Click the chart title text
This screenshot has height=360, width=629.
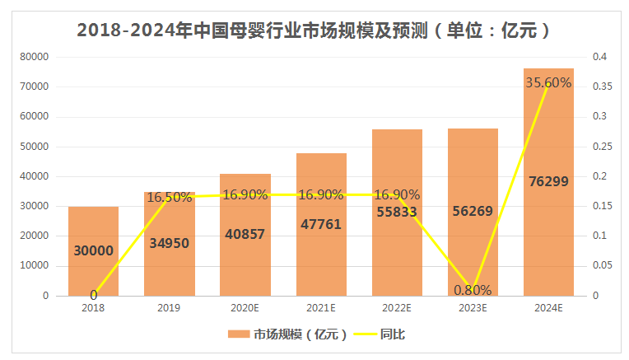(x=314, y=30)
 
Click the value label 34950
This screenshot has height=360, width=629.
(x=170, y=243)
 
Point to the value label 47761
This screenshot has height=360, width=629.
(x=321, y=223)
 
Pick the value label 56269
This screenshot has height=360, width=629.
(x=473, y=211)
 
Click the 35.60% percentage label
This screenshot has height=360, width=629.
(x=547, y=82)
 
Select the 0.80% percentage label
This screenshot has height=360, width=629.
(x=473, y=290)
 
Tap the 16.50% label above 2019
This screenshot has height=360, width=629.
(x=170, y=198)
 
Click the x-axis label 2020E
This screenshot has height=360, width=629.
(x=245, y=308)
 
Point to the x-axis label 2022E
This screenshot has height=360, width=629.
(x=397, y=308)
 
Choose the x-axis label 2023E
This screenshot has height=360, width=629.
(x=473, y=308)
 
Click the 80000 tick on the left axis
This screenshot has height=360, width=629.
(x=35, y=57)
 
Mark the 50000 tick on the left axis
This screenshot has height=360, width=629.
(x=35, y=147)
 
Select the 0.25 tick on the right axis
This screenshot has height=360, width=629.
(x=601, y=147)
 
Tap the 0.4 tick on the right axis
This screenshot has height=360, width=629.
(x=599, y=57)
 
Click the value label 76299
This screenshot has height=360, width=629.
(x=548, y=181)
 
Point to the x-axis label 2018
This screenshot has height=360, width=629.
(x=94, y=308)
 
